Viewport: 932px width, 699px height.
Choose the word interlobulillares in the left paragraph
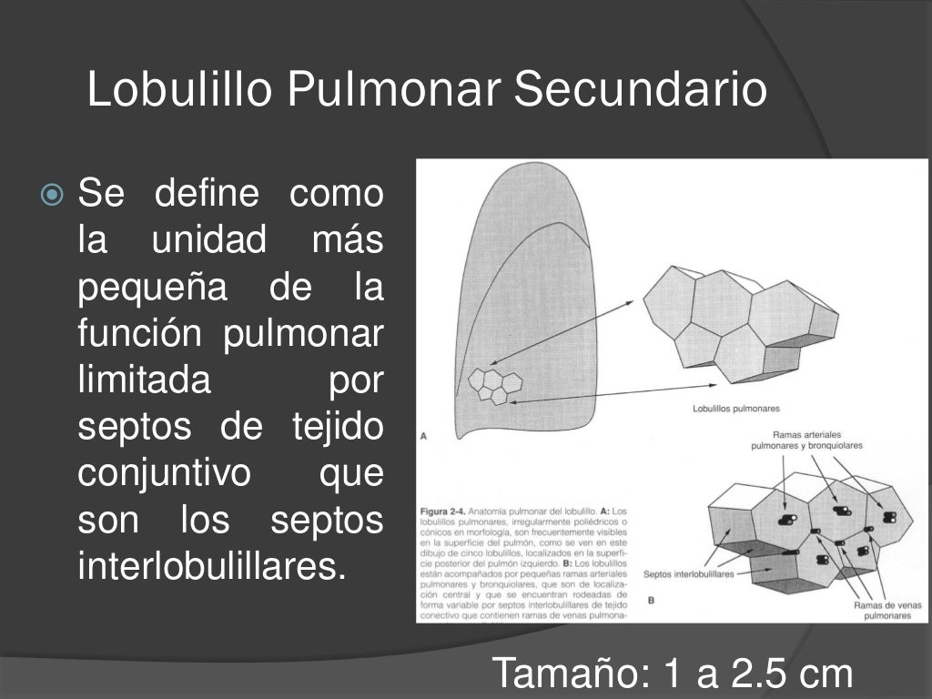213,568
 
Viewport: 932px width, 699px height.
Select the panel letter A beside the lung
424,436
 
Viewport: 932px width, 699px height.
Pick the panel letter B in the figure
652,600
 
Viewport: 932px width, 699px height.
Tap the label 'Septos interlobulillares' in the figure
688,574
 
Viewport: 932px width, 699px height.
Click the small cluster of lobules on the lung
494,384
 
